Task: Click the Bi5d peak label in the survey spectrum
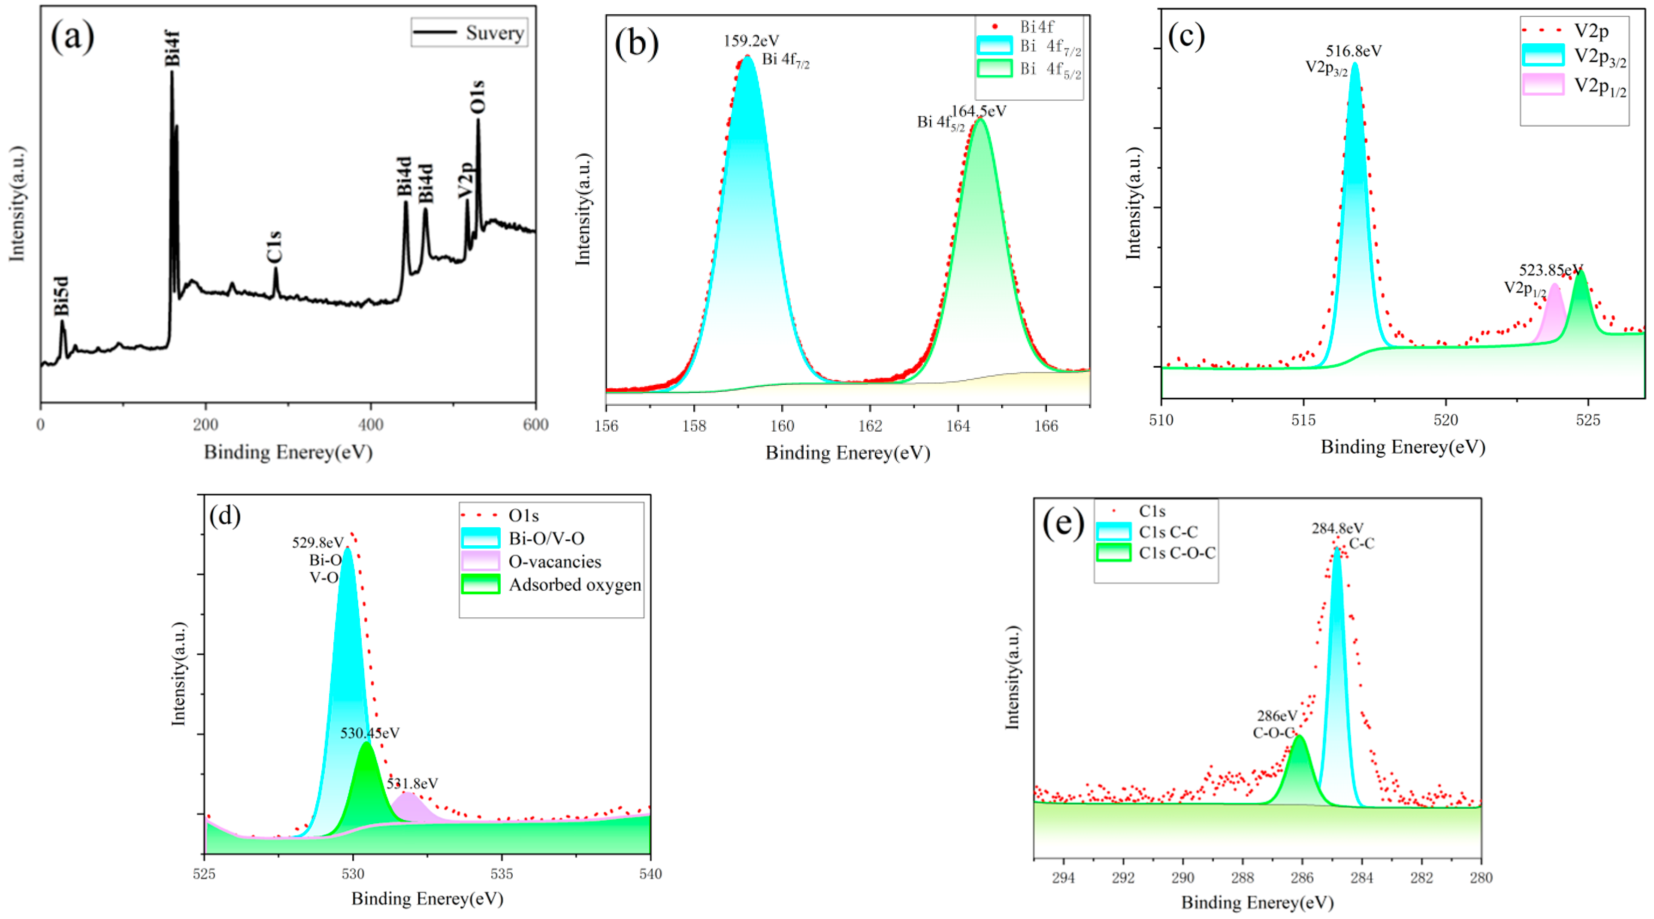click(61, 296)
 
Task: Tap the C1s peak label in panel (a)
click(274, 247)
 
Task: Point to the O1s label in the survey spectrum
click(477, 97)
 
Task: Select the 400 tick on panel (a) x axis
click(370, 424)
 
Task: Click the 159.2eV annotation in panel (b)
click(751, 41)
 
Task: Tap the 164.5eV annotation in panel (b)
click(979, 111)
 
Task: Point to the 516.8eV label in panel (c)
click(1354, 51)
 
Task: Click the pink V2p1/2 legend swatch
click(1542, 84)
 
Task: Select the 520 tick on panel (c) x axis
click(1445, 420)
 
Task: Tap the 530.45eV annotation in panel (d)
click(370, 733)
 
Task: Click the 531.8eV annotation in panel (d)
click(412, 783)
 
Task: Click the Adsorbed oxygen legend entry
click(575, 584)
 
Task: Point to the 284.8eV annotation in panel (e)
click(1337, 528)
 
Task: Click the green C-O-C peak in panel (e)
click(1299, 771)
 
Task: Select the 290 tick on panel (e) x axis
click(1183, 877)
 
